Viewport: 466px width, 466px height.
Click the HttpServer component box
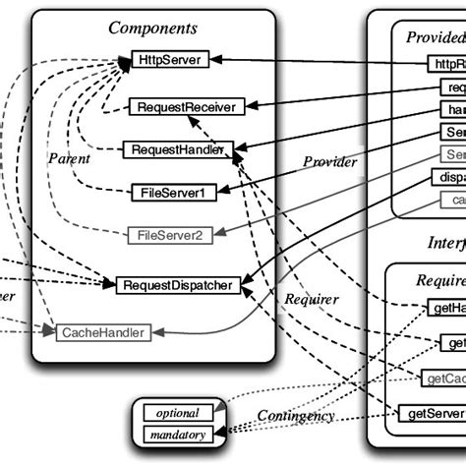pyautogui.click(x=168, y=60)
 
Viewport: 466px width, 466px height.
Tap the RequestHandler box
pyautogui.click(x=178, y=150)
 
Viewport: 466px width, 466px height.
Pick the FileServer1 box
pyautogui.click(x=173, y=193)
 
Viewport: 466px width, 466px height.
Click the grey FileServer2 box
pyautogui.click(x=170, y=236)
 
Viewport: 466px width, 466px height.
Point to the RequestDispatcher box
pyautogui.click(x=178, y=285)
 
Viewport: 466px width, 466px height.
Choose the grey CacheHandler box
pyautogui.click(x=103, y=332)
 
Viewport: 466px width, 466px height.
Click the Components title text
pyautogui.click(x=152, y=29)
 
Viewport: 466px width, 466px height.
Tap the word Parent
pyautogui.click(x=69, y=158)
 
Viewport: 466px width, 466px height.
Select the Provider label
pyautogui.click(x=329, y=162)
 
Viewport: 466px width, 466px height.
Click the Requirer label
pyautogui.click(x=312, y=299)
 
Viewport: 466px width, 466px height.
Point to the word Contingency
pyautogui.click(x=296, y=416)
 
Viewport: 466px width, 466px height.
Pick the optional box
pyautogui.click(x=178, y=413)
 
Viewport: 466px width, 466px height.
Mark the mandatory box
pyautogui.click(x=178, y=434)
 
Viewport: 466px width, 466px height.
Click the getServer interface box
pyautogui.click(x=431, y=414)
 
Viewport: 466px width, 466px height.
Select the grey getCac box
pyautogui.click(x=443, y=378)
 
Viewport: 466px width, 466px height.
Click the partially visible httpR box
pyautogui.click(x=446, y=64)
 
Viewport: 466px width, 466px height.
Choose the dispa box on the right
pyautogui.click(x=447, y=178)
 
